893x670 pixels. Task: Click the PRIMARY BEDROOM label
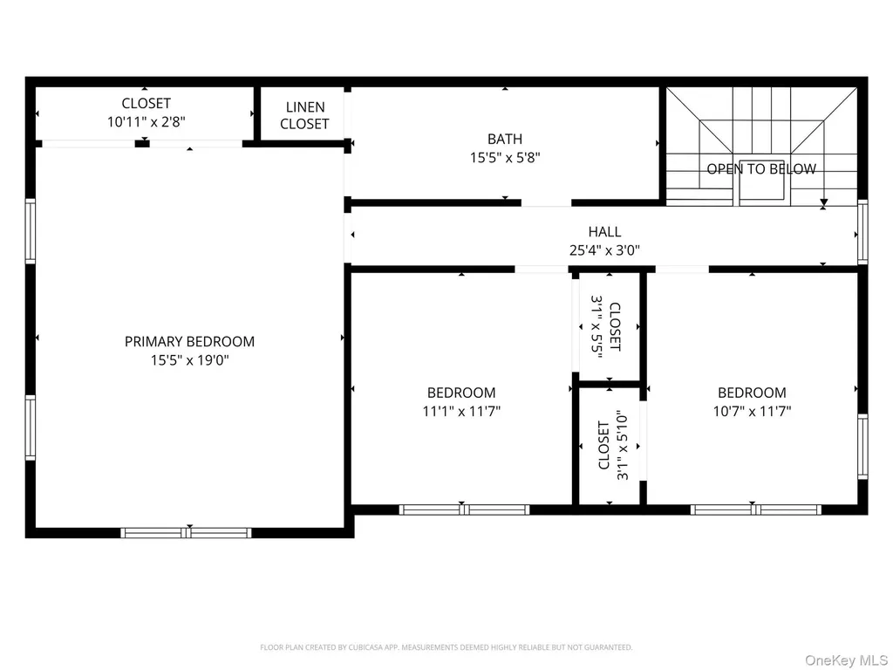pos(189,341)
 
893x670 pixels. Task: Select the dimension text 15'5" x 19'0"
pos(189,360)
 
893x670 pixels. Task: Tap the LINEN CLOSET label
pos(304,115)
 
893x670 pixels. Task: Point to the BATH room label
pos(505,139)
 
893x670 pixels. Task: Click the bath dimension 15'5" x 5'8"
pos(505,157)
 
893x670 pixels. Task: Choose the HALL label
pos(604,232)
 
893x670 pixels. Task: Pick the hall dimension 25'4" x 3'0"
pos(604,250)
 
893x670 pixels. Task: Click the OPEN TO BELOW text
pos(760,168)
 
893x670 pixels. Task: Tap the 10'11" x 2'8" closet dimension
pos(147,121)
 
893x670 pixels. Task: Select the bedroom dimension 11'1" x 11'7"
pos(461,411)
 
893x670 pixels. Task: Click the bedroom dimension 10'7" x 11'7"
pos(752,411)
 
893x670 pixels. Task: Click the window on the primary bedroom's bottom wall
pos(186,533)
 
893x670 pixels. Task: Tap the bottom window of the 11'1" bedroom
pos(464,509)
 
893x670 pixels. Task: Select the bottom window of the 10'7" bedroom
pos(756,509)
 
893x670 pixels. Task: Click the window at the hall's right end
pos(862,232)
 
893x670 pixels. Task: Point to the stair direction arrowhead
pos(823,202)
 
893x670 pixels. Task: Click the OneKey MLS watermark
pos(846,660)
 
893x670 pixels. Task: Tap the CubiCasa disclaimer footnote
pos(446,647)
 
